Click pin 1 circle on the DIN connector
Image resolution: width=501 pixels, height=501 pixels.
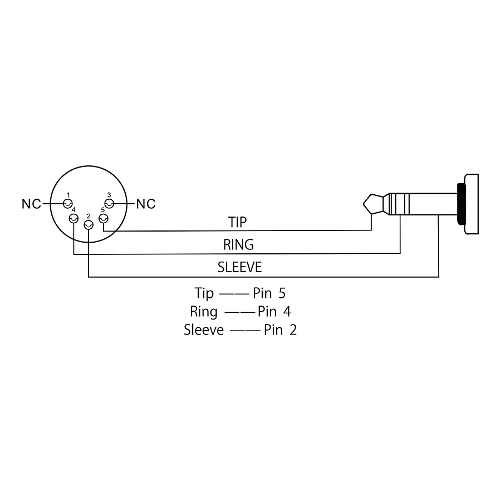pos(68,204)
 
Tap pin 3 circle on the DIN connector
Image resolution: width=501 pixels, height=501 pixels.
pos(109,204)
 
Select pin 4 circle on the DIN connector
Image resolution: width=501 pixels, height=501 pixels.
pos(74,219)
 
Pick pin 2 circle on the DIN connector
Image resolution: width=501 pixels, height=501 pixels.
pos(89,225)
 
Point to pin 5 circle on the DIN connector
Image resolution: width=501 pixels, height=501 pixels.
pos(104,219)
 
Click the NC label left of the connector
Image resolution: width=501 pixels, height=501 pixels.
pos(31,204)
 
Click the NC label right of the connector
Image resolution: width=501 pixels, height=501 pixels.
pos(146,204)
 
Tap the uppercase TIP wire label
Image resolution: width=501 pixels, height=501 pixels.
pos(237,222)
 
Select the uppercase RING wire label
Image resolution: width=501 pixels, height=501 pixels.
pos(239,245)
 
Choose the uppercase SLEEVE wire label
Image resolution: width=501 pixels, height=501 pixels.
pos(239,267)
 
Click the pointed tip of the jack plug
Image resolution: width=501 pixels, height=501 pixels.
pos(364,204)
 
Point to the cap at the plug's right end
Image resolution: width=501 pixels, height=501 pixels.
pos(471,204)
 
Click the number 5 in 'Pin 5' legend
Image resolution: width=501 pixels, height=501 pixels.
pos(282,293)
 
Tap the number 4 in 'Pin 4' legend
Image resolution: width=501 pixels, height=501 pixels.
pos(287,312)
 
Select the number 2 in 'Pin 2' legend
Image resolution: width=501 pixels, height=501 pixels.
pos(293,330)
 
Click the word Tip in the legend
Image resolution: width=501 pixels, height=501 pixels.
pos(204,293)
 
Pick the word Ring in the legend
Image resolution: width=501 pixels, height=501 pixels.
pos(204,312)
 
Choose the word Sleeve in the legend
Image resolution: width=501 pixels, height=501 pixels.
pos(204,330)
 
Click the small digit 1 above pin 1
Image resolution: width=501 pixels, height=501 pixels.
pos(68,195)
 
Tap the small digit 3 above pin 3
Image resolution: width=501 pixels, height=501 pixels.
pos(109,195)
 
